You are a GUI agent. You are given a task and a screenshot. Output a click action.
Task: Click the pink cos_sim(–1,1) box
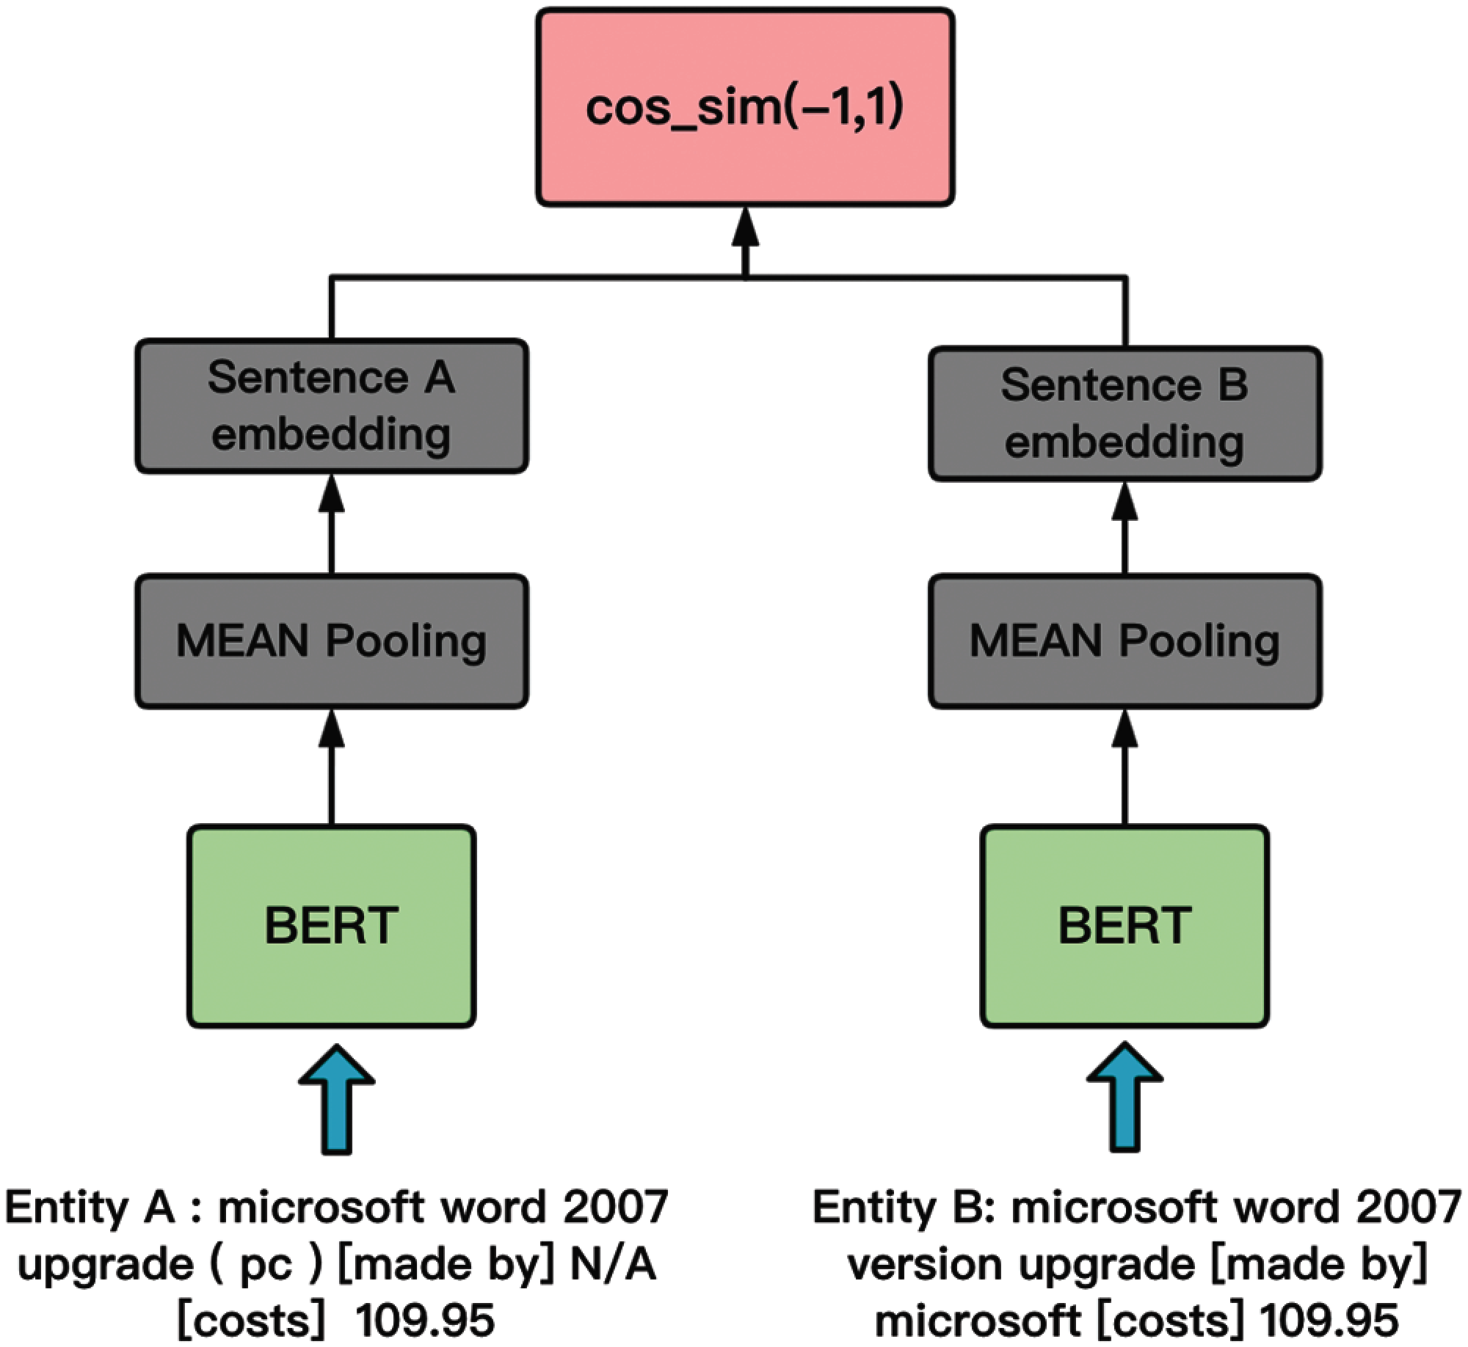coord(745,107)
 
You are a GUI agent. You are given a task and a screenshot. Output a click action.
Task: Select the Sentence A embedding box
coord(332,406)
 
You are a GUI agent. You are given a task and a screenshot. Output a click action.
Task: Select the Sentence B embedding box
coord(1125,414)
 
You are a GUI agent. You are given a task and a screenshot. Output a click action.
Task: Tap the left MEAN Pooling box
coord(332,641)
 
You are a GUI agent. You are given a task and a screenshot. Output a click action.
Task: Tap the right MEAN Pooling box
coord(1125,641)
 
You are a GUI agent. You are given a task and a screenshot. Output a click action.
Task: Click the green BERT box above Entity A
coord(332,925)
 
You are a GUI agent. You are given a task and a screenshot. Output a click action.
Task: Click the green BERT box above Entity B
coord(1125,925)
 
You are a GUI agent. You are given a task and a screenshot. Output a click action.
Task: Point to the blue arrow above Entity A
coord(337,1098)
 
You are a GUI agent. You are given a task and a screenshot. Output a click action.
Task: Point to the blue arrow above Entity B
coord(1124,1098)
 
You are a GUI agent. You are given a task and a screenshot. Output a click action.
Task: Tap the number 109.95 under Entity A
coord(425,1321)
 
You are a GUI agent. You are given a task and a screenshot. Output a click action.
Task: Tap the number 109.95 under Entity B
coord(1329,1321)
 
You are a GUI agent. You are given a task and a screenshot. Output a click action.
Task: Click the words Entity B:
coord(903,1208)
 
